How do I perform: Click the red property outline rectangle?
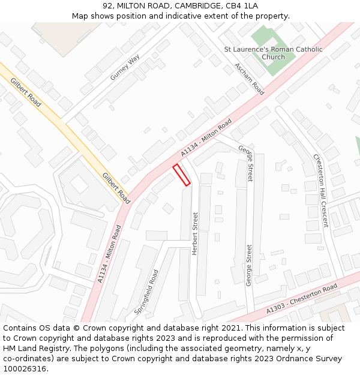(x=182, y=175)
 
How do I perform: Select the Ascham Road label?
(x=249, y=79)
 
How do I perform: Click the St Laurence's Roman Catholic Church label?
(x=273, y=53)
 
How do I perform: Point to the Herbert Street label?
(x=194, y=233)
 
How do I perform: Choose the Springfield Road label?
(x=146, y=292)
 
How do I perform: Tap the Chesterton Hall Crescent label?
(x=321, y=190)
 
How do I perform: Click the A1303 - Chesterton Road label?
(x=302, y=298)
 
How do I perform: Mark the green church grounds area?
(x=273, y=42)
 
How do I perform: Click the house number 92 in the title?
(x=108, y=6)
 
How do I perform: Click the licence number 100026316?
(x=25, y=368)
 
